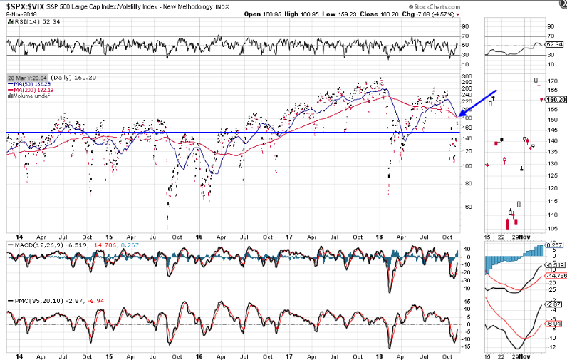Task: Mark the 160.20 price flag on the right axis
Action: point(555,100)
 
